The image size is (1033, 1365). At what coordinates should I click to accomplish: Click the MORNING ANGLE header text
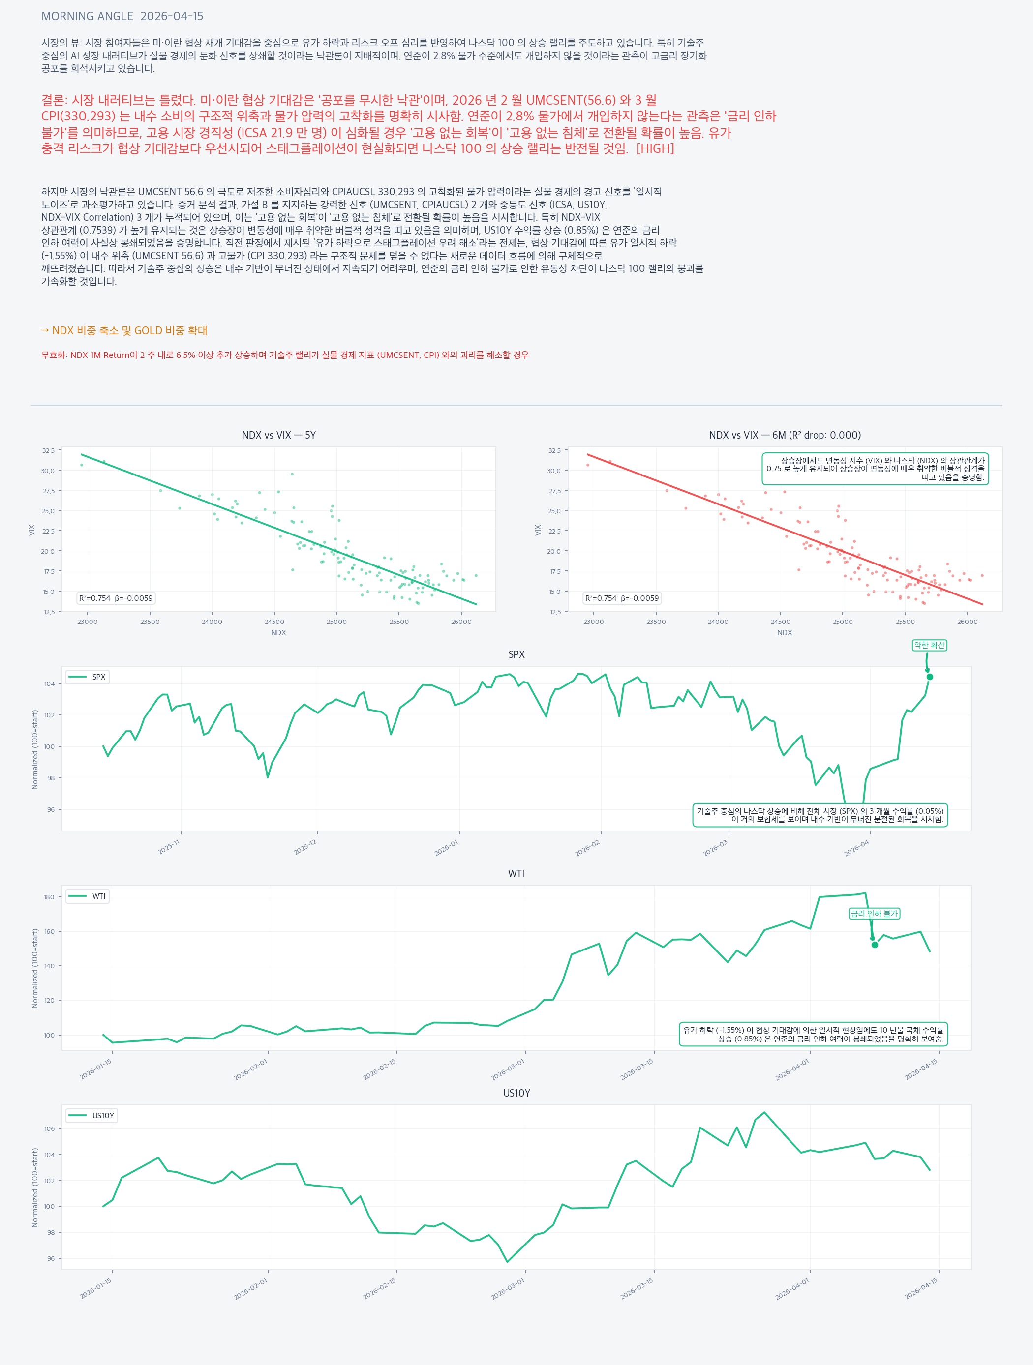coord(87,16)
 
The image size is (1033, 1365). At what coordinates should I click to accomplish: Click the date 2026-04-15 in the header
coord(172,16)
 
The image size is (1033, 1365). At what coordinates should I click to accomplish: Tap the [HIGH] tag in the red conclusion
coord(655,148)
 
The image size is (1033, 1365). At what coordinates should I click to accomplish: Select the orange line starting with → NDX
coord(124,331)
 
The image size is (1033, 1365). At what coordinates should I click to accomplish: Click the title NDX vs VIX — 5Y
coord(278,435)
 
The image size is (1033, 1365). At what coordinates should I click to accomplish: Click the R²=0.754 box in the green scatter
coord(116,598)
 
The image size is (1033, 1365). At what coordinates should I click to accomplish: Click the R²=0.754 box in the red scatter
coord(622,598)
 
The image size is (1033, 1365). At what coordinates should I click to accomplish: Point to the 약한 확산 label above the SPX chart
coord(929,645)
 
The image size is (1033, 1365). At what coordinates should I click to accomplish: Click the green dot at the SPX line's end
coord(930,677)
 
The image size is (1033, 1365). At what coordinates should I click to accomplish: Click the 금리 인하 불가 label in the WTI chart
coord(874,913)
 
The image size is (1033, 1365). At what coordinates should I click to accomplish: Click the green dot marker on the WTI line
coord(874,945)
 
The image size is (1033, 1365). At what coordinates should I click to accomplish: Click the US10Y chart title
coord(516,1093)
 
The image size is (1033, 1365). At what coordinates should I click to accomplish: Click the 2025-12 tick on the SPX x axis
coord(305,848)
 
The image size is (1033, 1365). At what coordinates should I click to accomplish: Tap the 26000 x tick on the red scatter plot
coord(968,622)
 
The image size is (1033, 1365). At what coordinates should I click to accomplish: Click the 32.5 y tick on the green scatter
coord(48,450)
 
